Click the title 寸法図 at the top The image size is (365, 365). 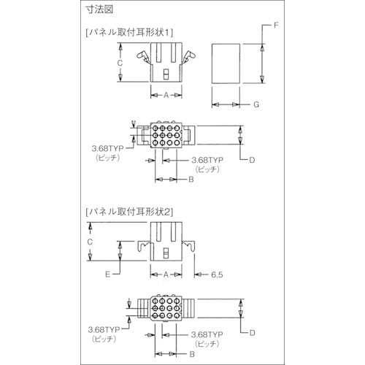click(x=100, y=13)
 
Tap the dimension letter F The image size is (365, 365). click(x=276, y=26)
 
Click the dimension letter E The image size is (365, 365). click(x=107, y=274)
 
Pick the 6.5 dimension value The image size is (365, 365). click(x=217, y=274)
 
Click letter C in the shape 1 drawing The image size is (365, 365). click(x=120, y=63)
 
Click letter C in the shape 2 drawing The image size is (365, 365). click(x=90, y=242)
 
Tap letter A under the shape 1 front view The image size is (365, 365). click(x=166, y=95)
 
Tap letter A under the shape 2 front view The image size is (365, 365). click(x=166, y=274)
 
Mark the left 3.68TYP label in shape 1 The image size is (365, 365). click(x=107, y=149)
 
